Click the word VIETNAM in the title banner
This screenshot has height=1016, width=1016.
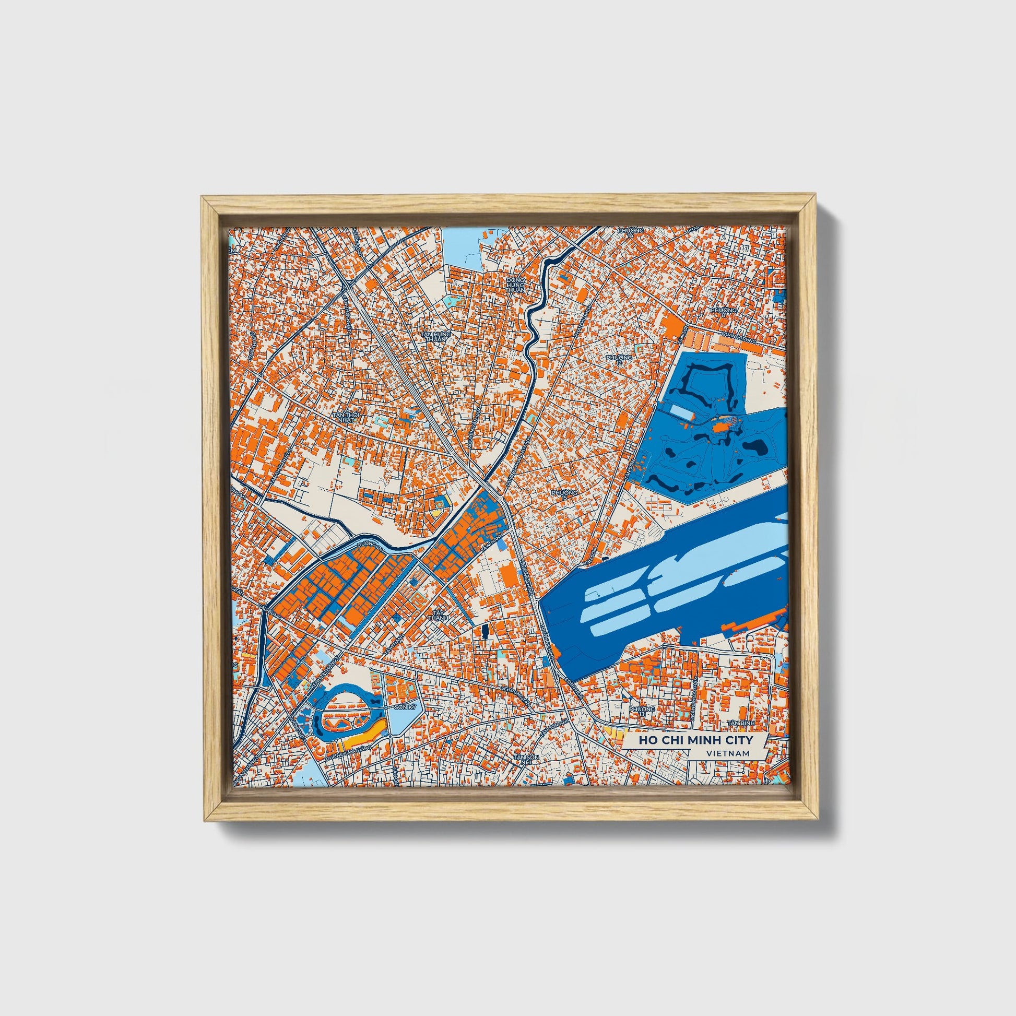click(728, 752)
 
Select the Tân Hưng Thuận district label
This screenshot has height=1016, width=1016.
click(436, 337)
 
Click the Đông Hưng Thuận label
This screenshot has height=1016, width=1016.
click(515, 286)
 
